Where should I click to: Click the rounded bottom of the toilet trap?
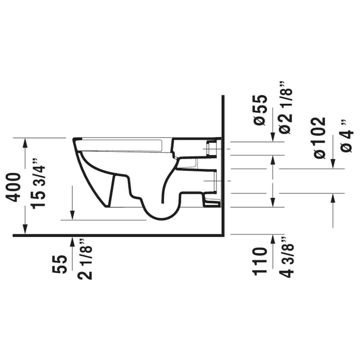pos(160,217)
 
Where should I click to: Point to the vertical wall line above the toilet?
pos(224,117)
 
